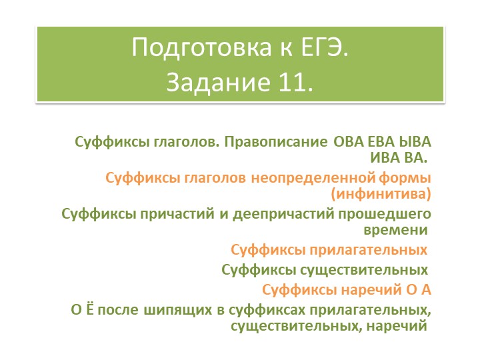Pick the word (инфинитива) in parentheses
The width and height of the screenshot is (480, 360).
[x=381, y=194]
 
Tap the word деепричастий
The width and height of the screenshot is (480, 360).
[x=275, y=215]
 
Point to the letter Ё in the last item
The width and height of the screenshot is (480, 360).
[x=95, y=311]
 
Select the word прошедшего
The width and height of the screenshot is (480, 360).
[x=386, y=215]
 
